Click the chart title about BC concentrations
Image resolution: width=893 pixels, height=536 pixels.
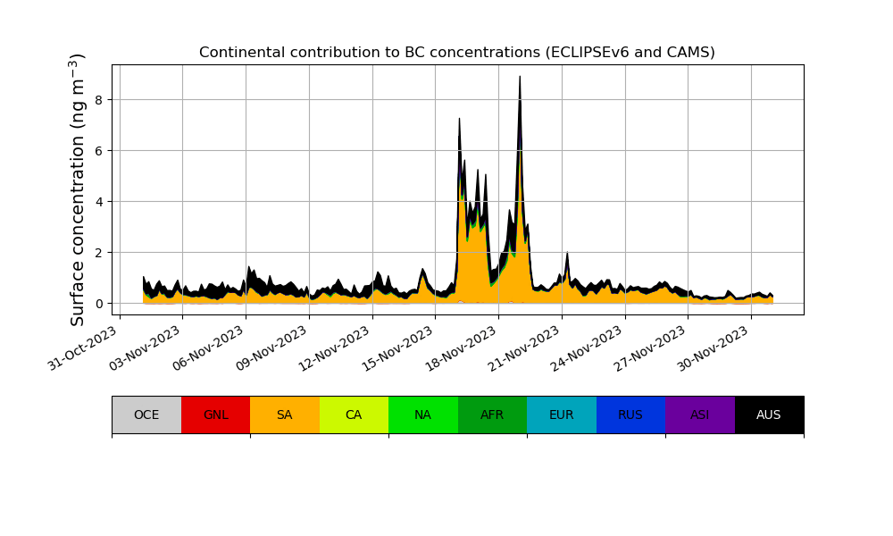[456, 53]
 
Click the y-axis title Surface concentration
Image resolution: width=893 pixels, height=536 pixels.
[78, 189]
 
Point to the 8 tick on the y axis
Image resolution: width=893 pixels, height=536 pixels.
[100, 100]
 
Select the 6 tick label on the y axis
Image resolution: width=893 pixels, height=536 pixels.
[100, 151]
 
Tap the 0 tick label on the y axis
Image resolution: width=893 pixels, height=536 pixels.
[100, 304]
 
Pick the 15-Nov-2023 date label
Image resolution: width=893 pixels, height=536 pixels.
[399, 349]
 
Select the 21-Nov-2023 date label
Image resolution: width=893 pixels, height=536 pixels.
[526, 349]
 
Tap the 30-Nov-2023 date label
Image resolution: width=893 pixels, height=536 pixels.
[715, 349]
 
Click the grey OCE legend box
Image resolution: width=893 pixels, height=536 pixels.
[146, 415]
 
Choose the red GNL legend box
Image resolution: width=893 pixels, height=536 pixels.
[215, 415]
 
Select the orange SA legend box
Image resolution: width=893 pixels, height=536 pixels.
[285, 415]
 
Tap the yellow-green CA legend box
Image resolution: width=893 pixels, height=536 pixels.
[354, 415]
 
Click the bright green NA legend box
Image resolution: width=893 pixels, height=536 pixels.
[423, 415]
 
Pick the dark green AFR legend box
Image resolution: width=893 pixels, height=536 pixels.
[492, 415]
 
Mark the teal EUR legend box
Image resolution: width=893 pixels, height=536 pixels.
[562, 415]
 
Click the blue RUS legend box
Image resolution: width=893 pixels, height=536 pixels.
[630, 415]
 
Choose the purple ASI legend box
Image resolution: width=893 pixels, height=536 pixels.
[700, 415]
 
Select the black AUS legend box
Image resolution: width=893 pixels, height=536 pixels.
[769, 415]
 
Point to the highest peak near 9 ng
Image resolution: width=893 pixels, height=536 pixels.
[520, 77]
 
